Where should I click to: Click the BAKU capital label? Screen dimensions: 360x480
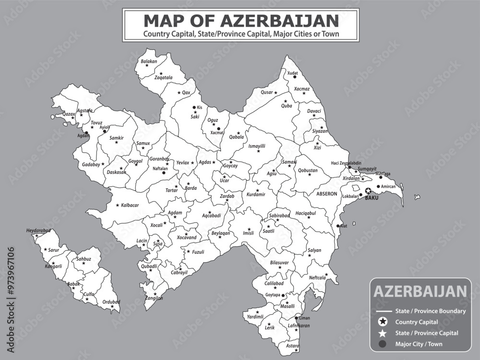[372, 197]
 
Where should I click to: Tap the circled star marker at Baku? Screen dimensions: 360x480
[368, 191]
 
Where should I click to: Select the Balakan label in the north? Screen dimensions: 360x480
[149, 62]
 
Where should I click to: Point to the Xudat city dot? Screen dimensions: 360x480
[295, 77]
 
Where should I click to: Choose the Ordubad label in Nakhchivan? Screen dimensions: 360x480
[111, 301]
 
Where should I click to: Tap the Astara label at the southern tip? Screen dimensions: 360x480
[292, 346]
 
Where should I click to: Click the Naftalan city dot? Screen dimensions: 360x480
[164, 172]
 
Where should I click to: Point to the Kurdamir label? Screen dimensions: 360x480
[256, 195]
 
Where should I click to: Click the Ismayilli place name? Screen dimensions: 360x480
[257, 146]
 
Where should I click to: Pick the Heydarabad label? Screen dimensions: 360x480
[38, 230]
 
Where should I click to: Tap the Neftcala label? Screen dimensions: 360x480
[317, 277]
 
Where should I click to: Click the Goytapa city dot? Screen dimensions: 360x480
[283, 296]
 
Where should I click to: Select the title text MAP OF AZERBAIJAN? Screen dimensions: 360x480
[240, 21]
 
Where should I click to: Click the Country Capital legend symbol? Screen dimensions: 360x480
[383, 322]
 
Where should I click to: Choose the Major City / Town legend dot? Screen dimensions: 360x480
[383, 344]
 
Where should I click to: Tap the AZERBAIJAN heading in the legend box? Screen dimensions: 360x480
[420, 291]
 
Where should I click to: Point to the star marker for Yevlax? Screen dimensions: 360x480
[192, 163]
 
